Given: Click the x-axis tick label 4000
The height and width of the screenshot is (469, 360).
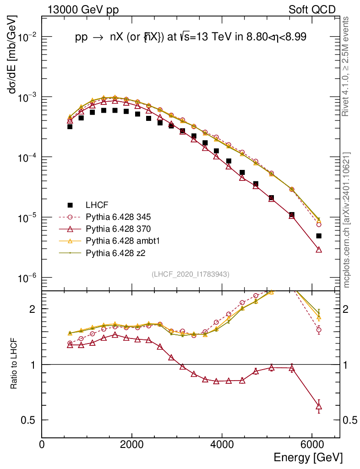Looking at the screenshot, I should (222, 445).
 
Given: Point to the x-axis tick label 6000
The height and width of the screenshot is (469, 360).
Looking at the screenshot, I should (311, 445).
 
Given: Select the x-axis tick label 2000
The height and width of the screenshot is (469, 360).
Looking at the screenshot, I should (132, 445).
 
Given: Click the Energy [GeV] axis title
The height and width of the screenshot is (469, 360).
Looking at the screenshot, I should (308, 457).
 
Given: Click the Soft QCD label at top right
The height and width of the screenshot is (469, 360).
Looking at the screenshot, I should (312, 10).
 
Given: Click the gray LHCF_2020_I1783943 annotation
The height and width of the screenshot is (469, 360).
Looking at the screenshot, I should (191, 274).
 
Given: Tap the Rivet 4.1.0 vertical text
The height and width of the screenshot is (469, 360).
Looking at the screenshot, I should (347, 66).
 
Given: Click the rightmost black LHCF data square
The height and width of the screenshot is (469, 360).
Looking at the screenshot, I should (319, 236).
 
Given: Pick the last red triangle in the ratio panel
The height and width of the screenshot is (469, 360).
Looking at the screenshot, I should (319, 406).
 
